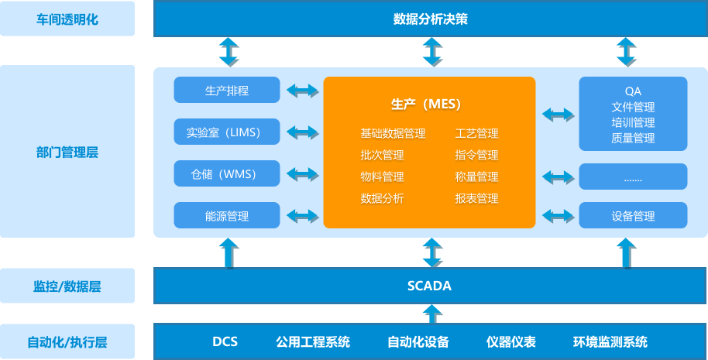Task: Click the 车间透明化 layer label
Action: tap(67, 19)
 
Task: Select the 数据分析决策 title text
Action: tap(430, 19)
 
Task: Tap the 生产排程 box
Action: tap(227, 91)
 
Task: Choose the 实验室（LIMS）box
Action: tap(227, 132)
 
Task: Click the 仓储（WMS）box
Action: tap(227, 173)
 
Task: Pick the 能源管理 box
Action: tap(227, 216)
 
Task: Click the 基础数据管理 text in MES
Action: tap(393, 134)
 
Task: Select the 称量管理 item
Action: tap(476, 177)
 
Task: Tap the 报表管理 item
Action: tap(476, 199)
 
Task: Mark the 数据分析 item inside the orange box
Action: tap(382, 199)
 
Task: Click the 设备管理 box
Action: tap(633, 216)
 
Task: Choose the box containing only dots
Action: tap(633, 177)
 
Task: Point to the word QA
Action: tap(633, 91)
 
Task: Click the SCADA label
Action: tap(429, 286)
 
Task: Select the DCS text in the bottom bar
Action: tap(225, 342)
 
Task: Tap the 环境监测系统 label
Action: tap(610, 342)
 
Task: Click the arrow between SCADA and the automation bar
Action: tap(431, 314)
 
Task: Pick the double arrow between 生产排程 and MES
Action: tap(302, 91)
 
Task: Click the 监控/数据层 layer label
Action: tap(67, 286)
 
